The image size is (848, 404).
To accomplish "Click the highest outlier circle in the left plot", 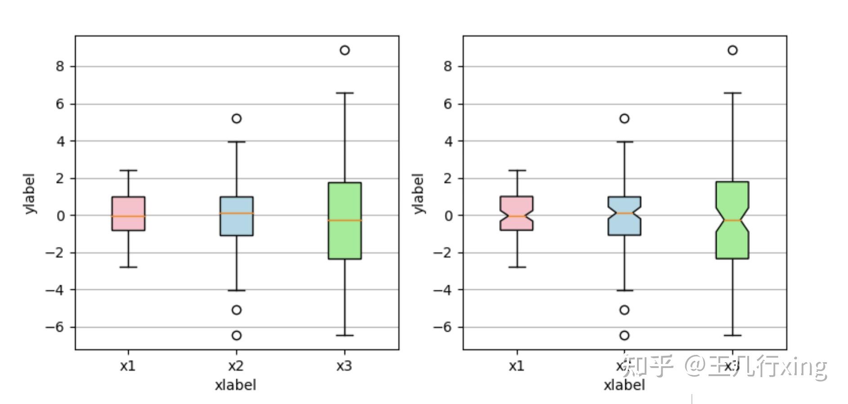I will point(345,50).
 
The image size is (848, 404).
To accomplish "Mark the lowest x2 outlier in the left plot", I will point(236,335).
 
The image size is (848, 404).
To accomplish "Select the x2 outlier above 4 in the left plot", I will point(236,118).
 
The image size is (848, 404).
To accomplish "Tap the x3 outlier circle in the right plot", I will point(732,50).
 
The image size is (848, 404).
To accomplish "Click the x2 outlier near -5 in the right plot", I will point(624,310).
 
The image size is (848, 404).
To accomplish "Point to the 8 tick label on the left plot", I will point(60,67).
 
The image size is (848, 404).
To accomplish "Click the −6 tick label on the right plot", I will point(442,327).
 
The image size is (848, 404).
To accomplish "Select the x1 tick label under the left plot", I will point(128,366).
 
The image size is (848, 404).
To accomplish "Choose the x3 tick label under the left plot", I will point(344,366).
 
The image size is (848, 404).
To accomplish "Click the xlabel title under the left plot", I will point(235,385).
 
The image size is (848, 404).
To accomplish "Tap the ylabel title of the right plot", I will point(418,193).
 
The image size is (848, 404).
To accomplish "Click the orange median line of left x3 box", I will point(345,220).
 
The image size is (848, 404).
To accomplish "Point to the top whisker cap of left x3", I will point(345,93).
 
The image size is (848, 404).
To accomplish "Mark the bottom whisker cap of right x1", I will point(517,267).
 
